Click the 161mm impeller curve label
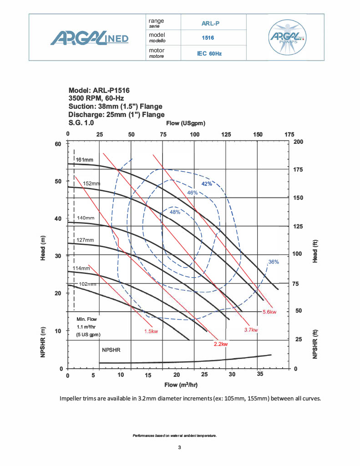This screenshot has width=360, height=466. (85, 160)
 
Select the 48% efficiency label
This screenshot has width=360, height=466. (175, 212)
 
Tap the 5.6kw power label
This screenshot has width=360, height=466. (269, 312)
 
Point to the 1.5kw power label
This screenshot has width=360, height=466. (151, 331)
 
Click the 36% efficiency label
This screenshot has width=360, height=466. (274, 262)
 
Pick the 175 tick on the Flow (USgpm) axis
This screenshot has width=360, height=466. (289, 134)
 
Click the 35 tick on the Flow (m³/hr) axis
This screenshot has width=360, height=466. (259, 375)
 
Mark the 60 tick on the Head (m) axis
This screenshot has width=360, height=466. (58, 144)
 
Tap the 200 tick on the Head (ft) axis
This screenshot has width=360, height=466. (299, 142)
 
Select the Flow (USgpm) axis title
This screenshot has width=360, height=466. (186, 123)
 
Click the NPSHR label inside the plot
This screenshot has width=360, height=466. (112, 350)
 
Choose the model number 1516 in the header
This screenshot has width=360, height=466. (208, 38)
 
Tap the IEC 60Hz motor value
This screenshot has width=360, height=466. (209, 53)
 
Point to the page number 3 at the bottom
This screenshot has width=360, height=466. (180, 448)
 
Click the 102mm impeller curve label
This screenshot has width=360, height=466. (86, 284)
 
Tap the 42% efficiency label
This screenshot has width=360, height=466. (207, 183)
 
